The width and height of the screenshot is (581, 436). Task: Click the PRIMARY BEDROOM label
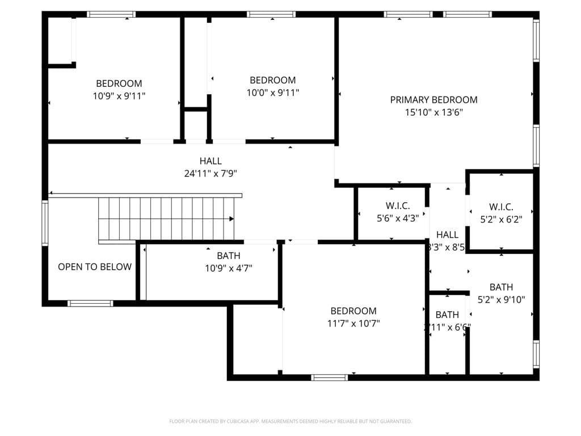[x=433, y=100]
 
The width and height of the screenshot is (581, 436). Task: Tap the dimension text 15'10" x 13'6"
[x=433, y=112]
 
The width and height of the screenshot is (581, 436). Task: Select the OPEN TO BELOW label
[x=95, y=267]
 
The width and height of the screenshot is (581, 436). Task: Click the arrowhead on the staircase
[x=231, y=219]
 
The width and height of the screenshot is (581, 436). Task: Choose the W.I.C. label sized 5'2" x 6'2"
[x=501, y=207]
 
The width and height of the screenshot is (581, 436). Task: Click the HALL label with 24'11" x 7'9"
[x=210, y=161]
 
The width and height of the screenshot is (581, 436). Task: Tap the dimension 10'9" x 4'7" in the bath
[x=228, y=268]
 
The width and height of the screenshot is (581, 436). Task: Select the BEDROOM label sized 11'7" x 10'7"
[x=353, y=311]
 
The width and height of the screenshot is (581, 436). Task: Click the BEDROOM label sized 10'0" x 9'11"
[x=272, y=80]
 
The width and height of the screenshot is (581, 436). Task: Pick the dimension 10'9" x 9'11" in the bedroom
[x=119, y=96]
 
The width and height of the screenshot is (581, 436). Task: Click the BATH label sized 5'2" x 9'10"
[x=501, y=287]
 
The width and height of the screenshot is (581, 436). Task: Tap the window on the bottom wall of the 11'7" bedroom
[x=330, y=378]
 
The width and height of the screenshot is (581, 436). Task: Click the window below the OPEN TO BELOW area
[x=90, y=303]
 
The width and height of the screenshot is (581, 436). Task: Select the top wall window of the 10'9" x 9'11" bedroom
[x=111, y=14]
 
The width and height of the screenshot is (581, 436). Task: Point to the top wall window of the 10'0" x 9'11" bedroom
[x=271, y=14]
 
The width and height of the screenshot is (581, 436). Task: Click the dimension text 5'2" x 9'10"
[x=501, y=300]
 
